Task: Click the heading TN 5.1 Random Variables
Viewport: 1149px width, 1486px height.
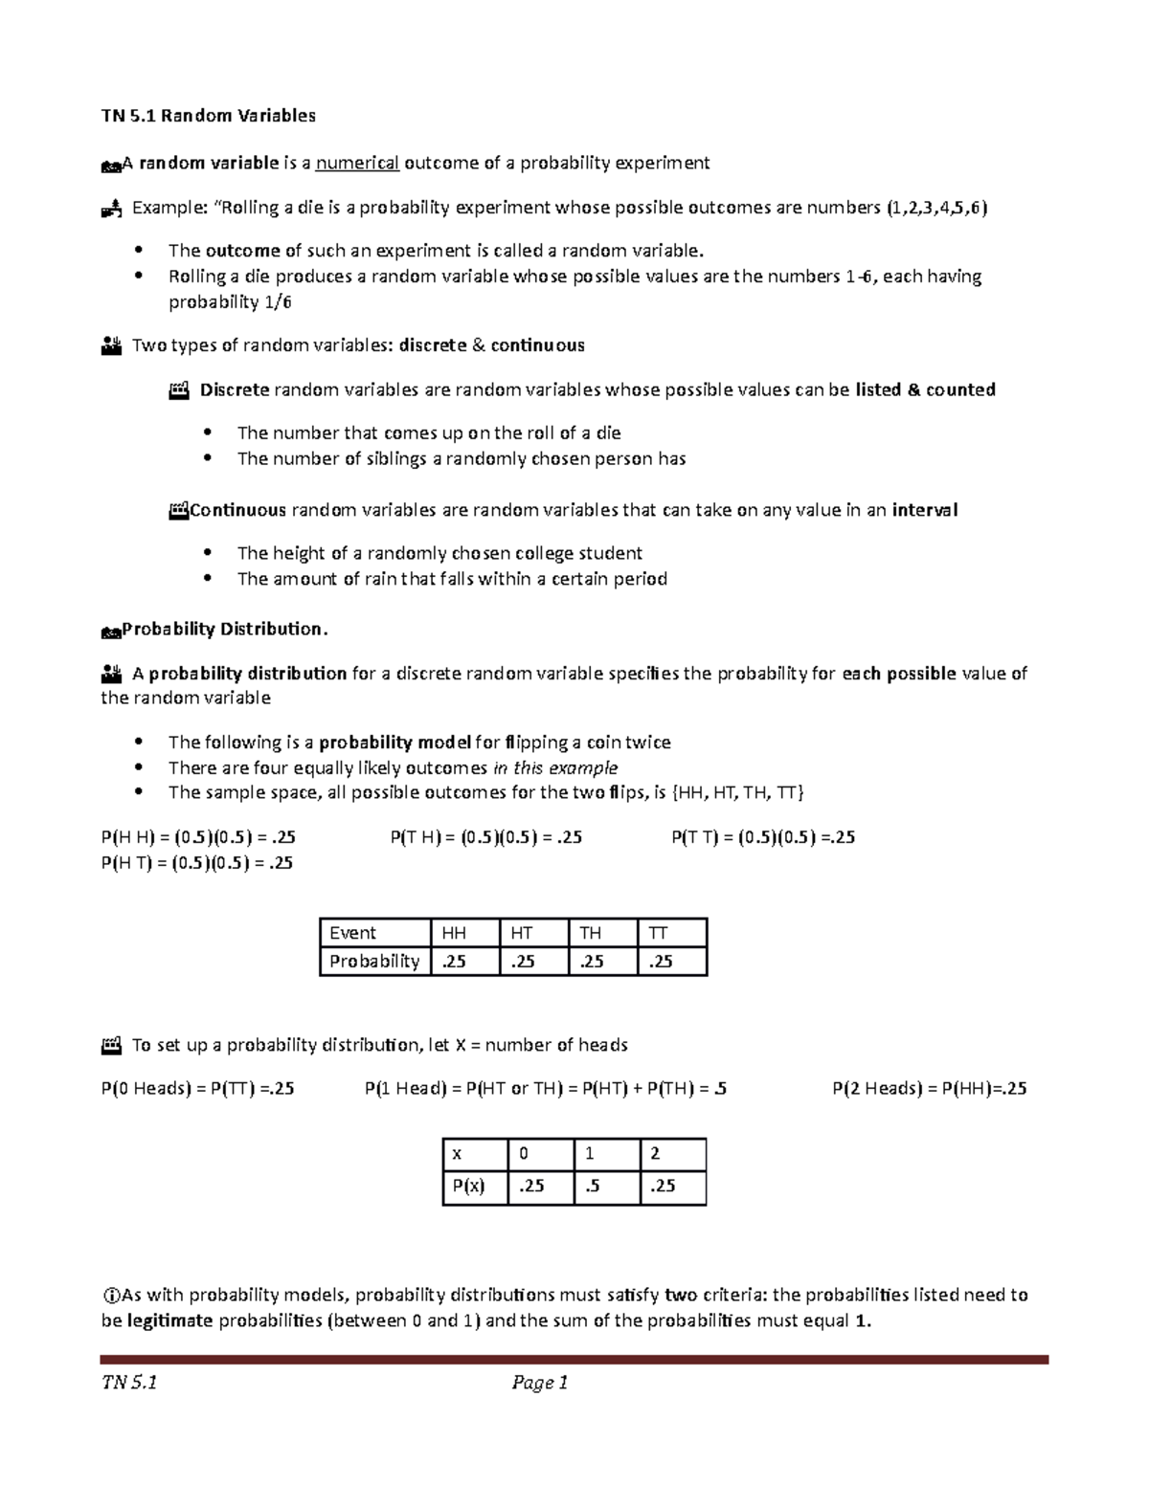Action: click(x=208, y=116)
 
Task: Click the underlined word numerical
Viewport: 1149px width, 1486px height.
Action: click(x=357, y=163)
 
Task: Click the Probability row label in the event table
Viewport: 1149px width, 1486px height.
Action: click(x=374, y=961)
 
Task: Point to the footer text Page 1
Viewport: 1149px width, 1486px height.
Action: click(x=540, y=1382)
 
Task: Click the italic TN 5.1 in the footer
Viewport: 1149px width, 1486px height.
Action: click(x=129, y=1382)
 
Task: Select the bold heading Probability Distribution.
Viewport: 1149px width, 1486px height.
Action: click(x=225, y=629)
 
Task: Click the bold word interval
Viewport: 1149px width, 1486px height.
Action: click(x=924, y=510)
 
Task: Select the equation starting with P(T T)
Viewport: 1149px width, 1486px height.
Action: click(x=762, y=837)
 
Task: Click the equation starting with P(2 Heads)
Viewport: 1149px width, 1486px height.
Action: click(x=929, y=1088)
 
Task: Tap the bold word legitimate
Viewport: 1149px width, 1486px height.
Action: click(x=169, y=1320)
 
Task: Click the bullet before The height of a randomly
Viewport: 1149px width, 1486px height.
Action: click(x=208, y=553)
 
